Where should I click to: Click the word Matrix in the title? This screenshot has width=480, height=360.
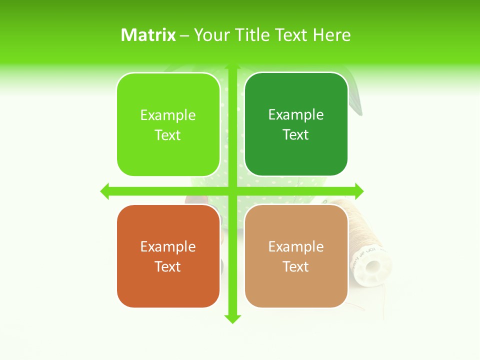(148, 35)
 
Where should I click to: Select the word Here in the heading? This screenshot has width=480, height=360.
(331, 35)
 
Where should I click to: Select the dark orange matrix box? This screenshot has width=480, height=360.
(168, 285)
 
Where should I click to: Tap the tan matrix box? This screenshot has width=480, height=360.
(296, 285)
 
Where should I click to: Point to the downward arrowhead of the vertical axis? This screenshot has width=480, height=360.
(232, 319)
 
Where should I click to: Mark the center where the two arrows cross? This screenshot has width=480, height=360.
(232, 191)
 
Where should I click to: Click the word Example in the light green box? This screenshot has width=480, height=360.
(168, 115)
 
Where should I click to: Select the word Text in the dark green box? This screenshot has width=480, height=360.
(295, 135)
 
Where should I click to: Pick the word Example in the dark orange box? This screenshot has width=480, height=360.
(168, 247)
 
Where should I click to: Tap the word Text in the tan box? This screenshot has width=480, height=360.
(295, 266)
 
